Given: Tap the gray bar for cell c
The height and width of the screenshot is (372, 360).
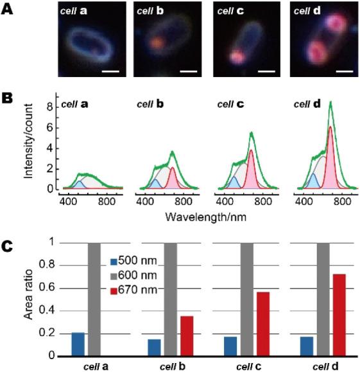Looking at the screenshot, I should point(247,299).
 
